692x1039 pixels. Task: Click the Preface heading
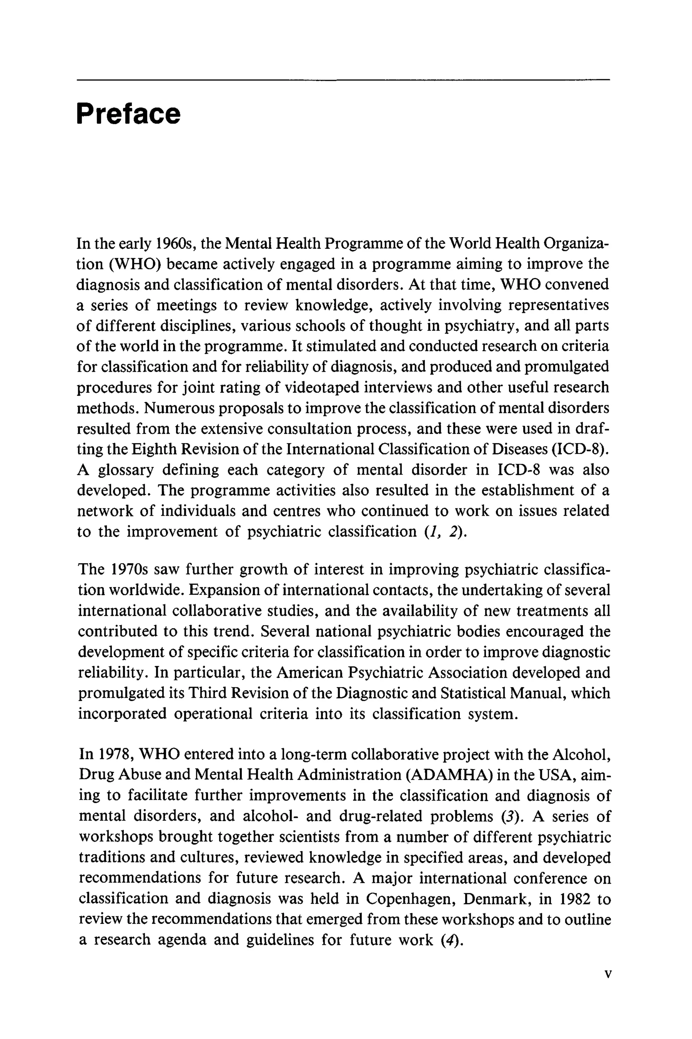tap(128, 114)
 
